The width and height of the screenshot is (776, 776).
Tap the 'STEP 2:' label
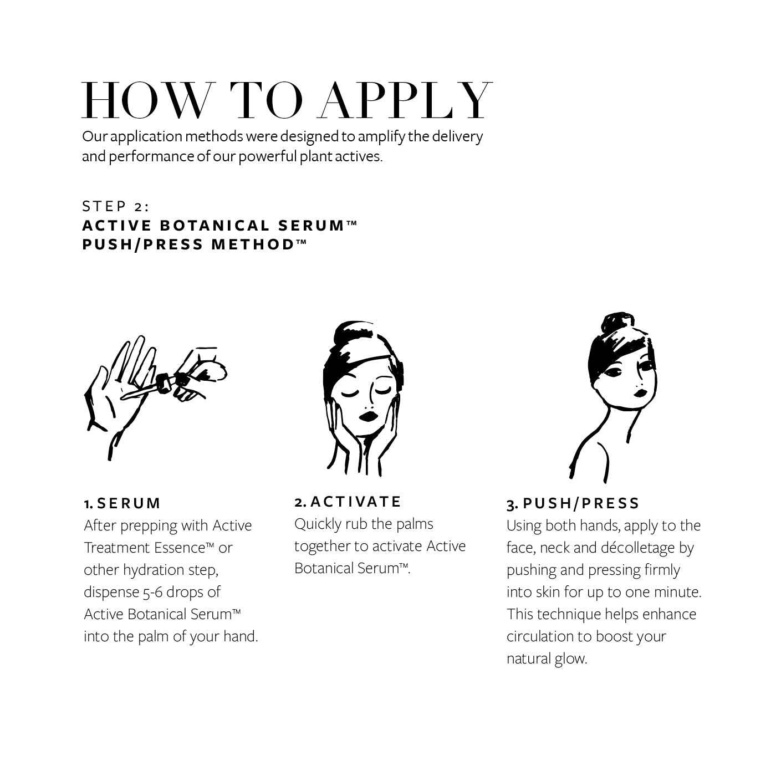116,206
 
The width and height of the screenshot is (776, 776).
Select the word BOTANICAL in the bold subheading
215,226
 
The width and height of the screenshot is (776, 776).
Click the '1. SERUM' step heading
122,503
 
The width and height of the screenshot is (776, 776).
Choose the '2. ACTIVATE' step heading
348,502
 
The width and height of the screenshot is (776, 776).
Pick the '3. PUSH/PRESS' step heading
573,503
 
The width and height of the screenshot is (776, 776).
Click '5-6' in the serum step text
152,593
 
